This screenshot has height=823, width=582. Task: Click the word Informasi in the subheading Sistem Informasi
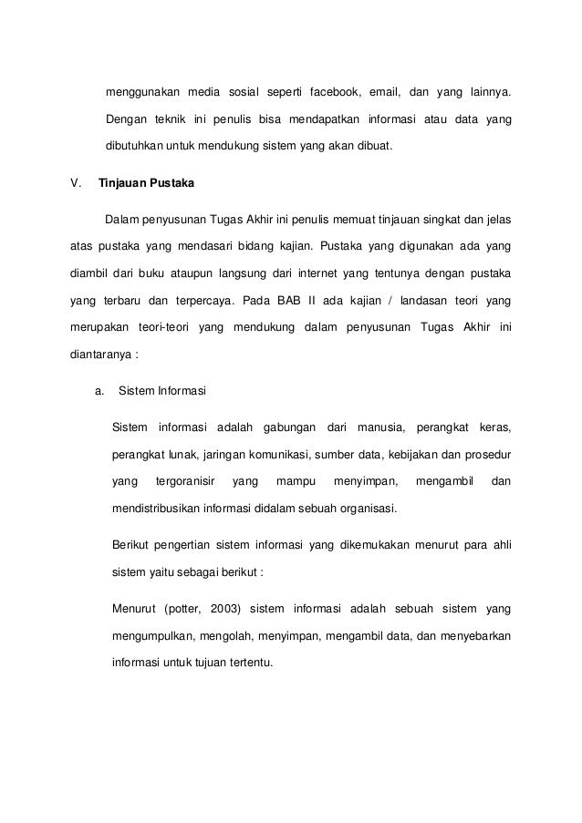(x=182, y=393)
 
